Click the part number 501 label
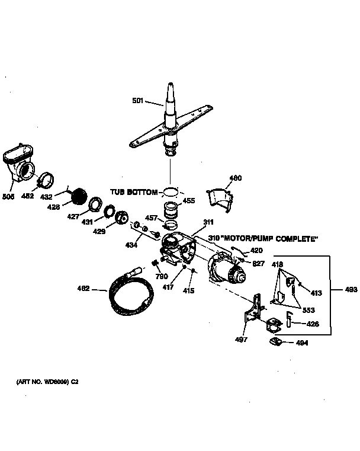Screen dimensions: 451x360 coord(137,101)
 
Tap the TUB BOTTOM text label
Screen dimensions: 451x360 coord(134,193)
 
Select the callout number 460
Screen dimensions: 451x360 coord(236,178)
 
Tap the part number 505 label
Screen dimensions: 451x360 coord(8,196)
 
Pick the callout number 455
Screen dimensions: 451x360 coord(189,201)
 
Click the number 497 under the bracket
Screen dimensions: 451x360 coord(241,340)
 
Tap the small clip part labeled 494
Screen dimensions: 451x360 coord(276,341)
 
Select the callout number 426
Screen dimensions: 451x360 coord(313,324)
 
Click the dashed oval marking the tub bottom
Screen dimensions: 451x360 coord(170,191)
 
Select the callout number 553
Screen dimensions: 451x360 coord(308,310)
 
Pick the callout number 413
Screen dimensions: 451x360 coord(316,293)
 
